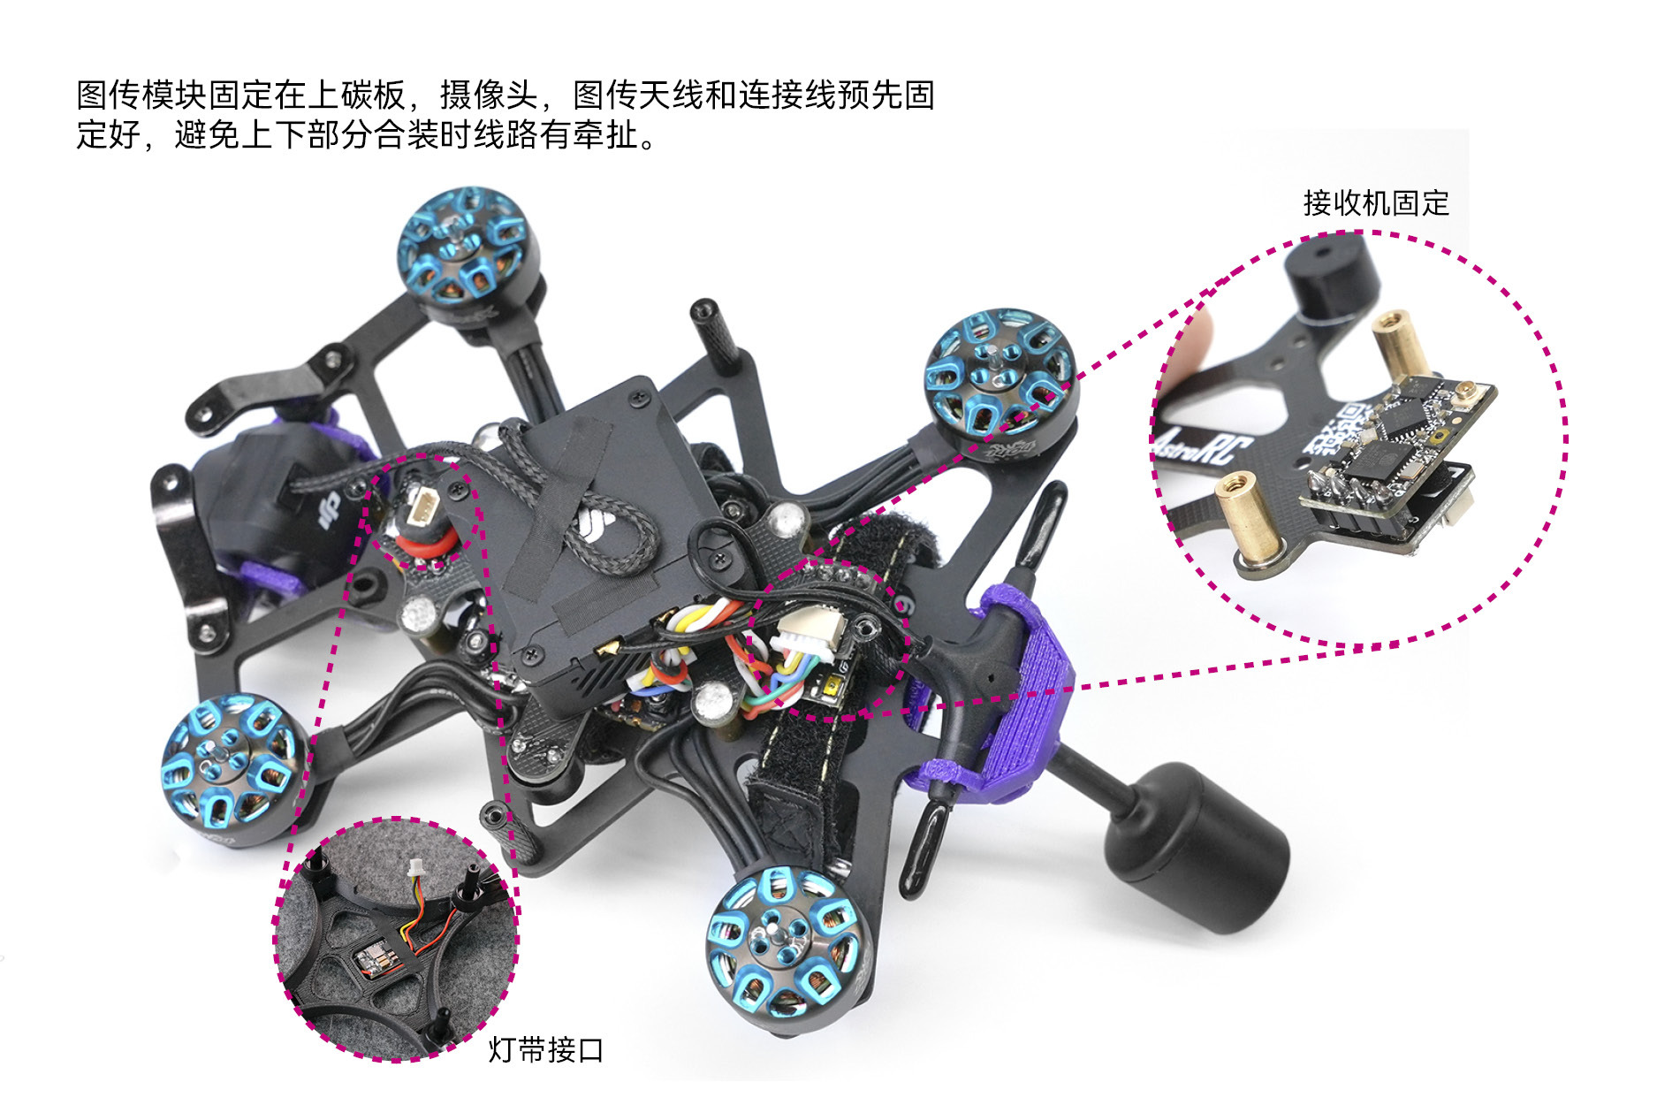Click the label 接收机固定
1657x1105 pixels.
click(x=1376, y=203)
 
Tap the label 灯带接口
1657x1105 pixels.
click(x=546, y=1050)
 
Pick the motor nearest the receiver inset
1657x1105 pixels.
click(x=1000, y=383)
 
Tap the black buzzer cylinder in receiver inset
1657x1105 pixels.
click(x=1330, y=273)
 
